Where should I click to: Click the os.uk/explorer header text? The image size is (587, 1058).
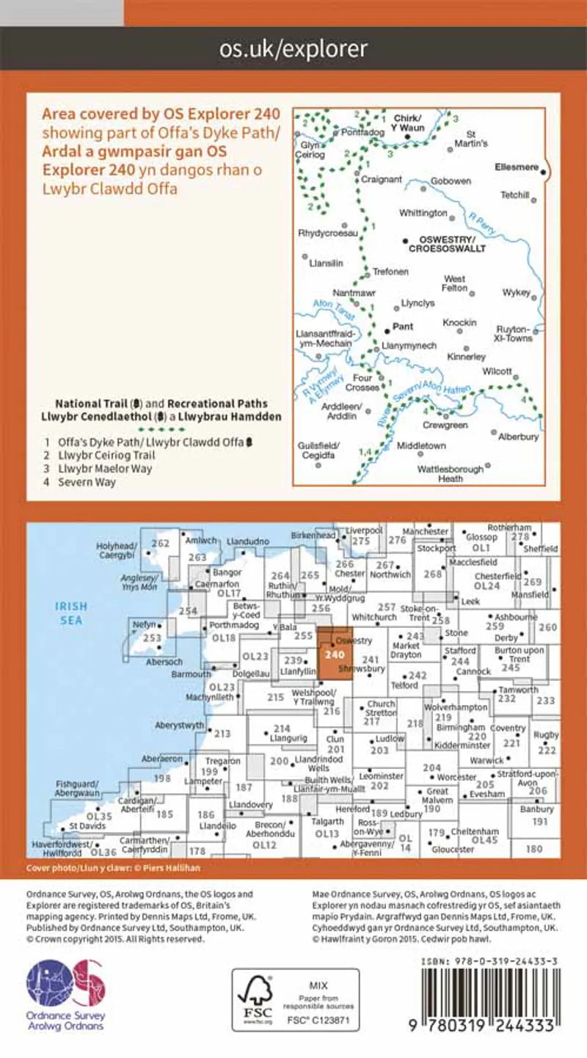[x=293, y=49]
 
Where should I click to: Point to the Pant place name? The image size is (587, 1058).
[x=404, y=326]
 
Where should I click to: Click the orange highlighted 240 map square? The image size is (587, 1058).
[x=335, y=654]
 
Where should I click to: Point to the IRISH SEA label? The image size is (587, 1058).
[x=72, y=613]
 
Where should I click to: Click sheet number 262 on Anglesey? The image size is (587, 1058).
[x=160, y=544]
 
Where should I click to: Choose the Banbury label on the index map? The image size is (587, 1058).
[x=542, y=809]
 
